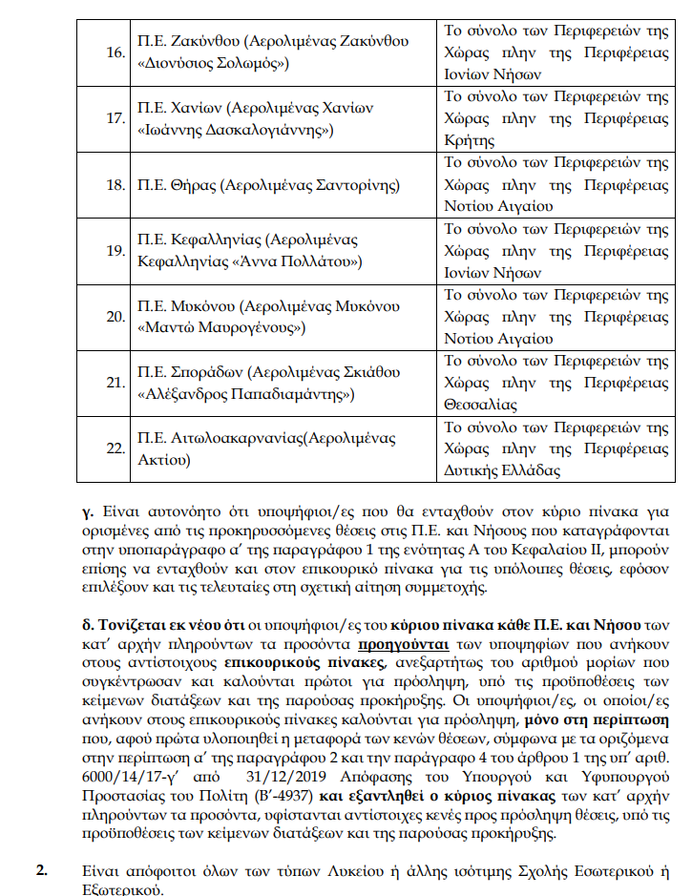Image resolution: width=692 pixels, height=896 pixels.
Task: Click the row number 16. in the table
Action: (115, 52)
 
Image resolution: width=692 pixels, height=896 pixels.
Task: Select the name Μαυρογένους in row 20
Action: (252, 327)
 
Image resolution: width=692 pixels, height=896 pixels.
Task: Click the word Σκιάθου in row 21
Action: (368, 372)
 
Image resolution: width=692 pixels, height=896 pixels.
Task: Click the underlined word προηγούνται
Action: (390, 642)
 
